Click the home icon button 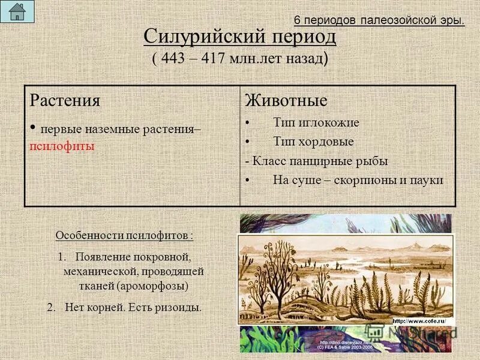point(17,11)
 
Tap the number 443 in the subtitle point(172,59)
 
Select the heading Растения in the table point(65,100)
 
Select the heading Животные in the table point(286,100)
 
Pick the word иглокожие point(334,122)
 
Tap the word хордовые point(331,142)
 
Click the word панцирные point(321,161)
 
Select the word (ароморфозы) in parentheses point(152,286)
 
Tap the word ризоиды point(179,307)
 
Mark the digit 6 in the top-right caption point(297,20)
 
